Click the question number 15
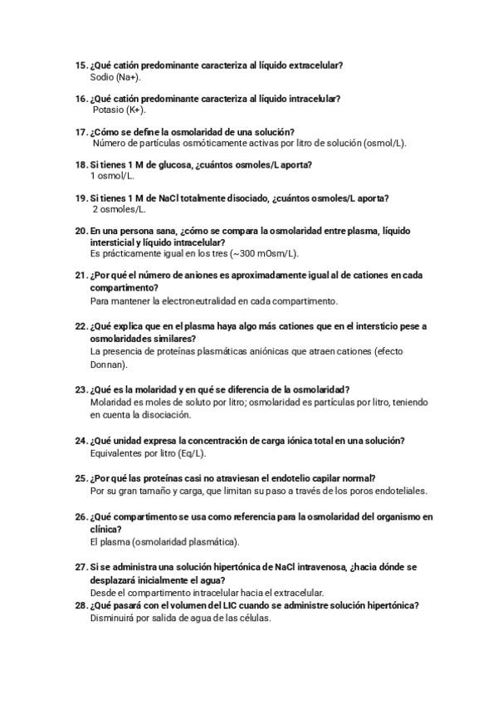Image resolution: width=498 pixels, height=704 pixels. point(81,65)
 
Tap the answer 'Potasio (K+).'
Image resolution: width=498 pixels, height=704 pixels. point(119,110)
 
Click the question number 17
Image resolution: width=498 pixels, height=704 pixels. point(81,131)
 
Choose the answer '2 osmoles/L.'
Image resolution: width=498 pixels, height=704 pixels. point(116,209)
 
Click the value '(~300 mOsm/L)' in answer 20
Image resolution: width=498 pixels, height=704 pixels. point(268,253)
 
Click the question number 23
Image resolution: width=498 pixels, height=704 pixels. point(81,389)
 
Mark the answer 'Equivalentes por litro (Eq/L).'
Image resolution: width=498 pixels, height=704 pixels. point(148,453)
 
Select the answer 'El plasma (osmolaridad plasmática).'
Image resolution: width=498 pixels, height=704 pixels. point(164,542)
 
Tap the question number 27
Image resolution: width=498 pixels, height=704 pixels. point(81,566)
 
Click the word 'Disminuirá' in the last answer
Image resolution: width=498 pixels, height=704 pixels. point(110,618)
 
